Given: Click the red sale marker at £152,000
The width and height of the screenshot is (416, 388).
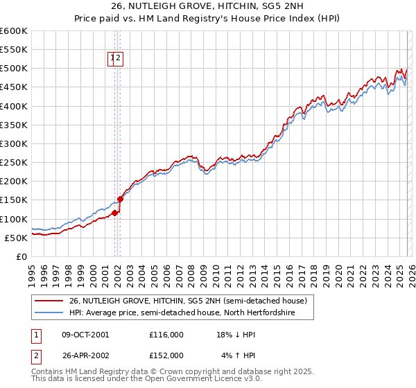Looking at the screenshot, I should pos(120,199).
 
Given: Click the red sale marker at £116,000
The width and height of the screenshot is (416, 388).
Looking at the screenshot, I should pos(114,213).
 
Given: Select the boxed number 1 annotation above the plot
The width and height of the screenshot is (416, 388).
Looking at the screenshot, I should pos(112,59).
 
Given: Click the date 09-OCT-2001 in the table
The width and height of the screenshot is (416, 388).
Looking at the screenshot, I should pos(85,334).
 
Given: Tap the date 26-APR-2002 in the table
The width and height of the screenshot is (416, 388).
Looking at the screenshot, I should pos(85,355).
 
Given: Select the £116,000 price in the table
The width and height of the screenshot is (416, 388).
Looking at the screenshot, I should pos(166,334).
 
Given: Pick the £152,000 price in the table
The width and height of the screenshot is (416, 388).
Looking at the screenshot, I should pos(166,355).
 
